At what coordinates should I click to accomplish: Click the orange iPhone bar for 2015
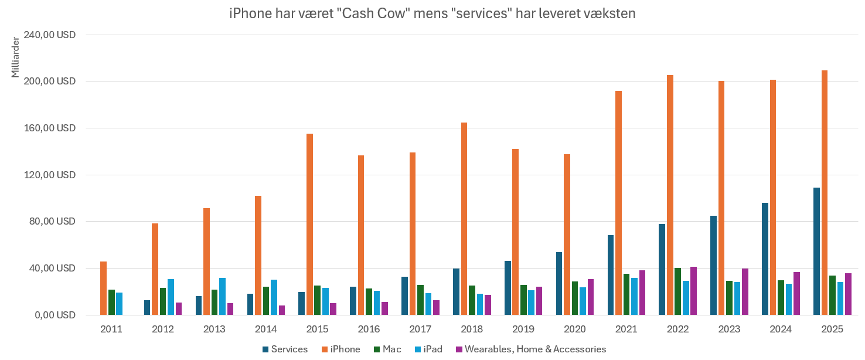(309, 224)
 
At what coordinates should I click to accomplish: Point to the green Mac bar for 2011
(111, 302)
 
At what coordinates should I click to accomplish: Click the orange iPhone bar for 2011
(103, 288)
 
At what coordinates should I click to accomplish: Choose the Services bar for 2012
(147, 307)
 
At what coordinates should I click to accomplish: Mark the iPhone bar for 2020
(567, 235)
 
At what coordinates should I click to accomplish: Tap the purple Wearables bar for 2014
(282, 310)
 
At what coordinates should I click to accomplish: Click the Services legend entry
(285, 349)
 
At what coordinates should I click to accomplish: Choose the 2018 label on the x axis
(471, 330)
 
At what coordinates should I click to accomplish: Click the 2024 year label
(780, 330)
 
